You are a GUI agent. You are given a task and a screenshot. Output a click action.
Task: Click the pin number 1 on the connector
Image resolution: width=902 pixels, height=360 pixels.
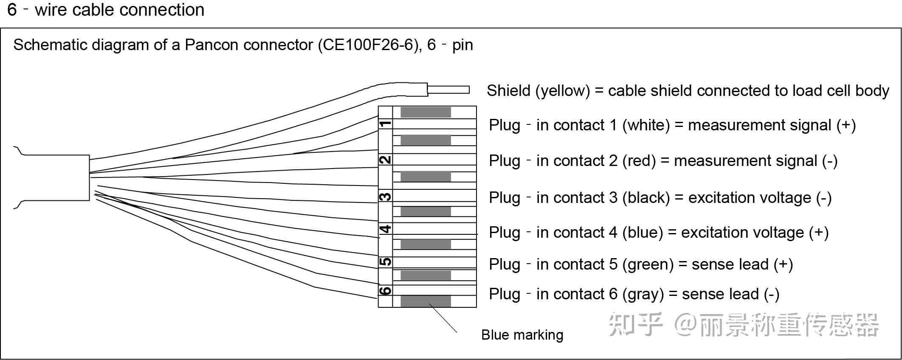(385, 124)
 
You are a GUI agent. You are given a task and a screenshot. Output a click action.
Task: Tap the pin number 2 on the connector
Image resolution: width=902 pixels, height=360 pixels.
(385, 160)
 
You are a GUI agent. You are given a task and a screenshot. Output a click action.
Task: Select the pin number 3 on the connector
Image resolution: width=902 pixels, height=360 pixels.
(385, 197)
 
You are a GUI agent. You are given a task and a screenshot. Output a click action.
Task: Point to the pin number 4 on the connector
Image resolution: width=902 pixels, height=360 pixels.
(385, 229)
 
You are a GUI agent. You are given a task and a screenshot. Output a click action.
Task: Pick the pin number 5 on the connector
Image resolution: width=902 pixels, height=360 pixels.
(385, 262)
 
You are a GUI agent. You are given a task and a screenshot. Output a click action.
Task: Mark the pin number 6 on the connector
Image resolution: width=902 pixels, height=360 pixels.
(385, 291)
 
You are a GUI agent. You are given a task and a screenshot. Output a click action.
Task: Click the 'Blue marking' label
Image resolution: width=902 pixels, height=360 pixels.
(522, 335)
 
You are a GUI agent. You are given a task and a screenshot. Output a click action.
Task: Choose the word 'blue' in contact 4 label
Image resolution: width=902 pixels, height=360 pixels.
(643, 233)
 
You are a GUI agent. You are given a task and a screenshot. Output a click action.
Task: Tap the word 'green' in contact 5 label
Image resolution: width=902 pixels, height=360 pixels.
(648, 264)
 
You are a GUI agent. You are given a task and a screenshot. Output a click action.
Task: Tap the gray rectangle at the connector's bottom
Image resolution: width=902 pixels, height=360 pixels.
(426, 301)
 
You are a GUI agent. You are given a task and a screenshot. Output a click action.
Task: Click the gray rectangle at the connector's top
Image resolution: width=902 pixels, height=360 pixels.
(426, 112)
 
